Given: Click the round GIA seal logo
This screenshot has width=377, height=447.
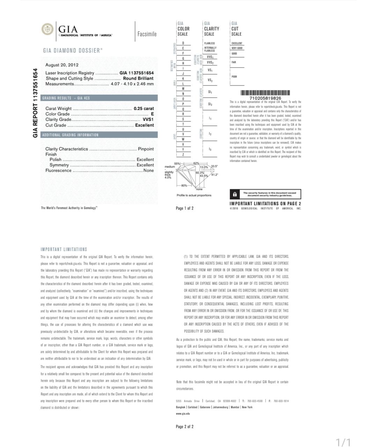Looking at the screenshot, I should (47, 29).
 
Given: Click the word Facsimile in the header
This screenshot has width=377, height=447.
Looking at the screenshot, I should (147, 34).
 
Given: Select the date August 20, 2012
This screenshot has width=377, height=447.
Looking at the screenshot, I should (62, 65).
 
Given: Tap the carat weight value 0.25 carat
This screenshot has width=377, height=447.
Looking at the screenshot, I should (143, 109).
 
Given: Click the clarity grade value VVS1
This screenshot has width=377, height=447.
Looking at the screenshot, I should (148, 119).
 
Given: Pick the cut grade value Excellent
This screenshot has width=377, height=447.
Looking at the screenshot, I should (144, 125).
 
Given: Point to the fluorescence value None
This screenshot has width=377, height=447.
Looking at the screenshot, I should (148, 170).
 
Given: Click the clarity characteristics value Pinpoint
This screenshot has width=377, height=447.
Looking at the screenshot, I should (146, 149).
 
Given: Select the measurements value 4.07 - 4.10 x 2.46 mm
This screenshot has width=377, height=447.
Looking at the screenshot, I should (132, 84).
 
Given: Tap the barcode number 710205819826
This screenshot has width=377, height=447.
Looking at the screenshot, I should (265, 98).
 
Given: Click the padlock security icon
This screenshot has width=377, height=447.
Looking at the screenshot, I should (235, 194).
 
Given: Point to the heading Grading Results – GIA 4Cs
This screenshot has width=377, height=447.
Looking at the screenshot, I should (66, 98).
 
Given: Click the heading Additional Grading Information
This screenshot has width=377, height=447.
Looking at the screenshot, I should (71, 135).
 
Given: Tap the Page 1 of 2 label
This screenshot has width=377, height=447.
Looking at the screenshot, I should (185, 208).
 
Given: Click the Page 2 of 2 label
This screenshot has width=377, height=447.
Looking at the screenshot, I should (185, 426).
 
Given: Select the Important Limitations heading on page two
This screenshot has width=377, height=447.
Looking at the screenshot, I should (64, 249).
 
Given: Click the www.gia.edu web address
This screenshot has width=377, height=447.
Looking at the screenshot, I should (183, 413).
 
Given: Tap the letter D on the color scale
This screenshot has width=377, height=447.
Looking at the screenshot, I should (183, 43).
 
